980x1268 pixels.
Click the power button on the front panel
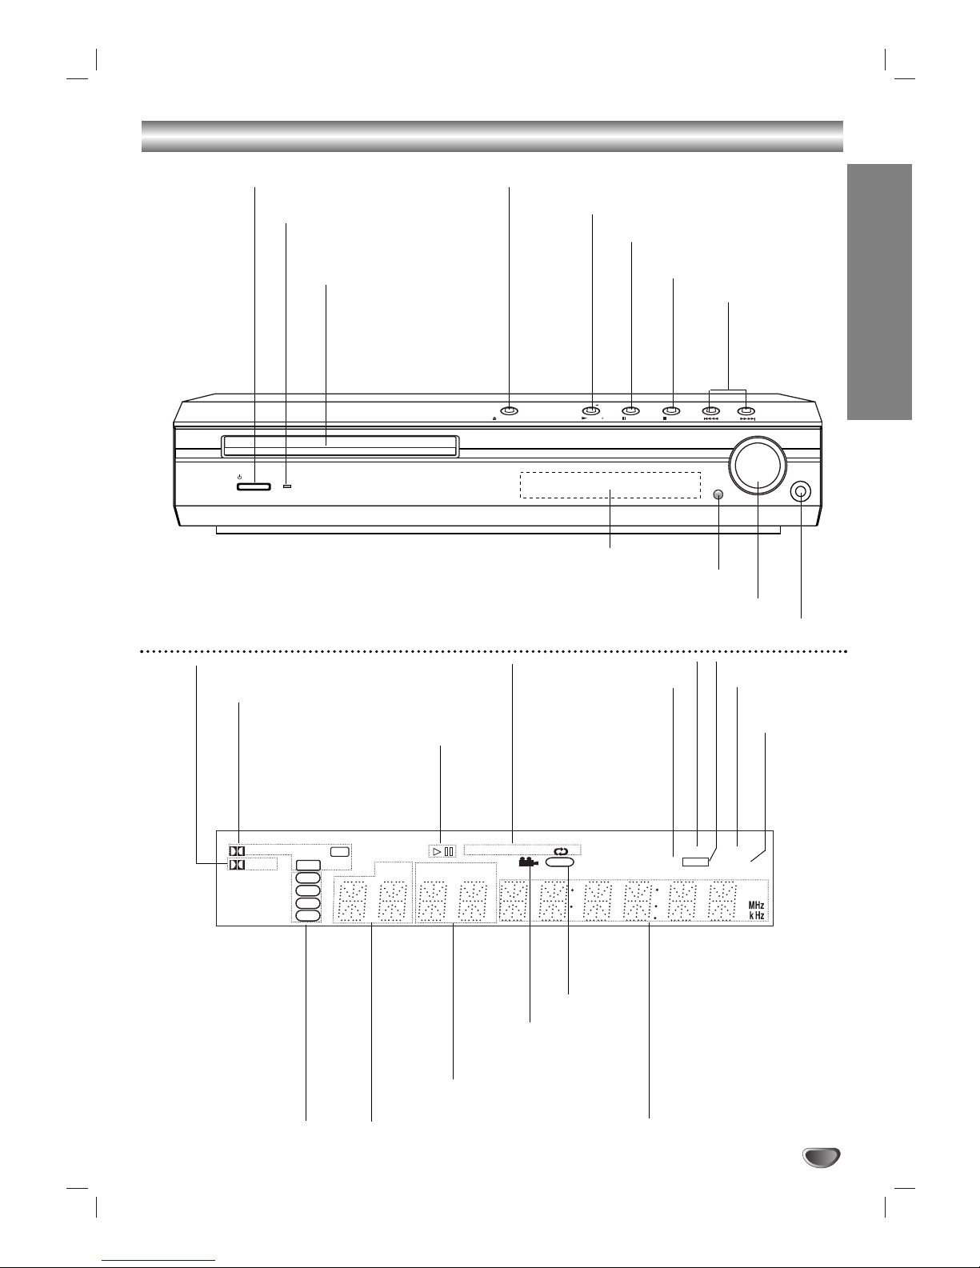tap(254, 486)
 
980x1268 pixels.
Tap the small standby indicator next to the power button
tap(287, 486)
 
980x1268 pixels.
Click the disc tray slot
tap(339, 446)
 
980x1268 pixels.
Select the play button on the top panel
tap(591, 411)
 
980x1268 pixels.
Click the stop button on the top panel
tap(671, 411)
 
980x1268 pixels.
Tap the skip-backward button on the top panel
tap(710, 411)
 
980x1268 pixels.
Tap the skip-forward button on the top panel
tap(746, 411)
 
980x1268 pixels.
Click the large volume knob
tap(757, 465)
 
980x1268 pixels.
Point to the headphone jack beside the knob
tap(801, 492)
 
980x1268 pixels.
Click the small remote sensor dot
tap(718, 494)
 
